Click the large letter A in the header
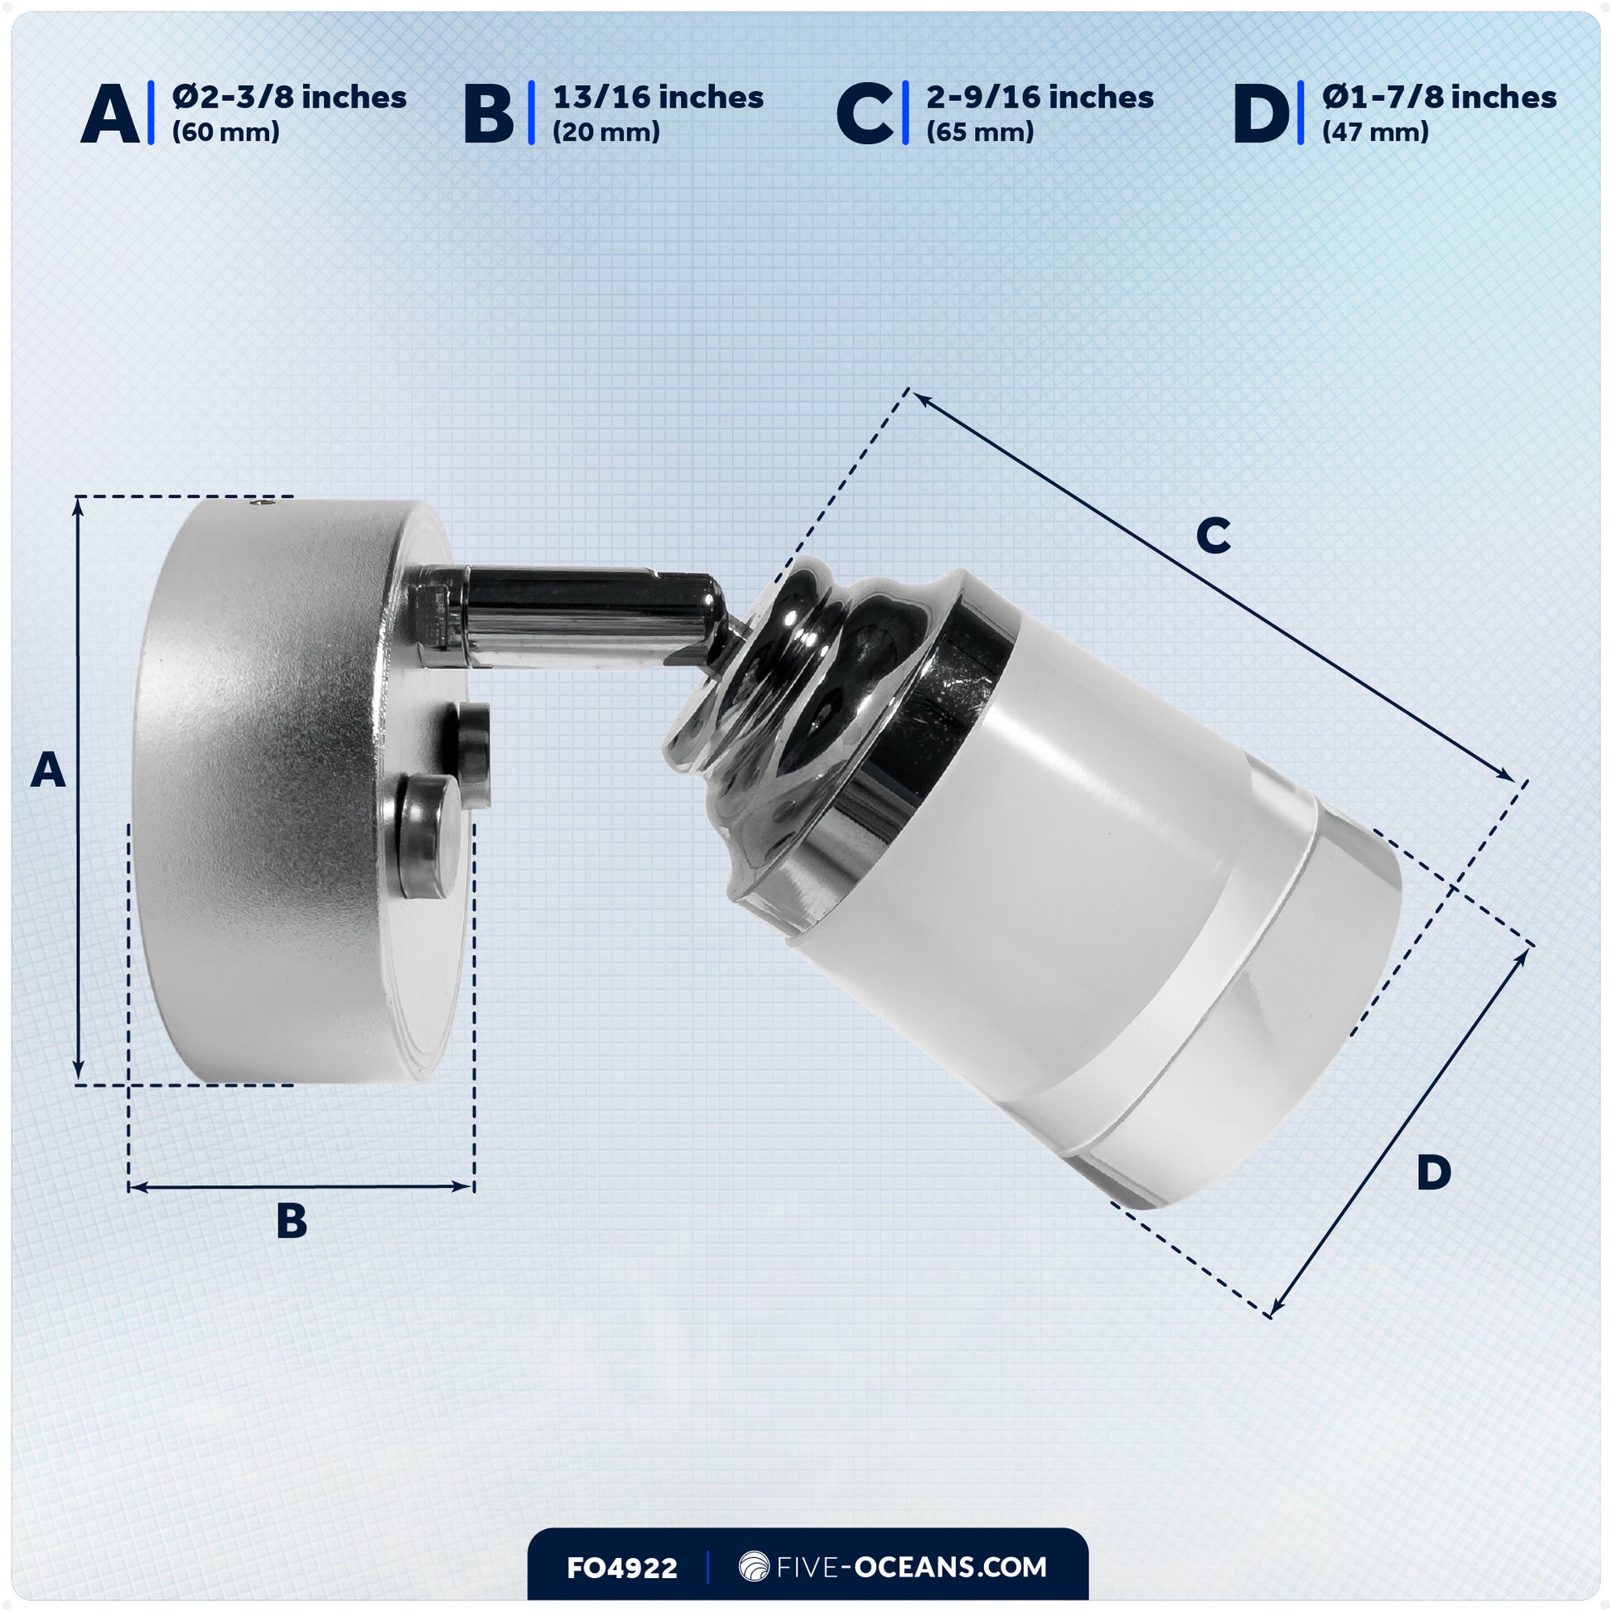pos(110,116)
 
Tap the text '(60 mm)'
pos(225,133)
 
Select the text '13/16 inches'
pos(658,98)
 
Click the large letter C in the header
pos(865,116)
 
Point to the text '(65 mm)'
pos(980,133)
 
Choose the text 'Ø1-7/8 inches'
pos(1438,98)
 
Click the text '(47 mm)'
pos(1375,133)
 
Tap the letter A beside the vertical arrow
pos(47,770)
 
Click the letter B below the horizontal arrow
pos(292,1221)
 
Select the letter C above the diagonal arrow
pos(1213,535)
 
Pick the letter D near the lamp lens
pos(1433,1173)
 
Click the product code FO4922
pos(621,1568)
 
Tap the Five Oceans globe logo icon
pos(754,1566)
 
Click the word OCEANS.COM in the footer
pos(950,1566)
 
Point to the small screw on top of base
pos(264,504)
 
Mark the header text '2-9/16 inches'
pos(1040,98)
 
